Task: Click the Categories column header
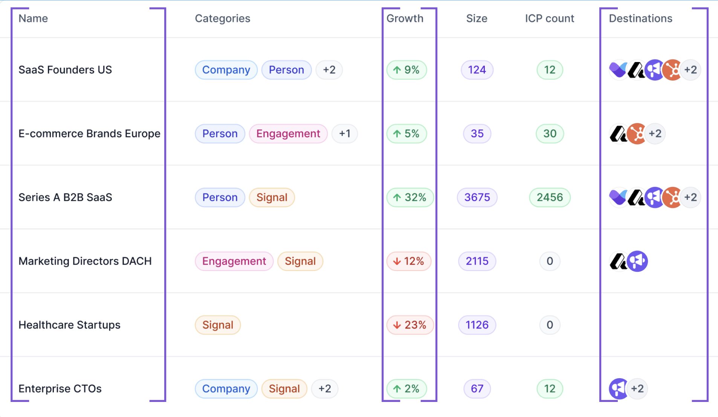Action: (x=222, y=18)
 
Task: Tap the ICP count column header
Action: (x=549, y=18)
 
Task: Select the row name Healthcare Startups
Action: (x=69, y=325)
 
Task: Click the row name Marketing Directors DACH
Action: (x=85, y=261)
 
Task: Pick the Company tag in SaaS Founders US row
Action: (x=226, y=70)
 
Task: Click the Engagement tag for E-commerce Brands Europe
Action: (x=288, y=134)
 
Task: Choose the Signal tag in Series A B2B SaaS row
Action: (x=272, y=197)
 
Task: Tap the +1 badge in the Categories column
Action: (x=344, y=134)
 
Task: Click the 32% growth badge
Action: (x=410, y=197)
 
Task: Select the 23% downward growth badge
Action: (x=410, y=325)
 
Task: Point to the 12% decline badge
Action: (x=409, y=261)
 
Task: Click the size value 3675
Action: (x=477, y=197)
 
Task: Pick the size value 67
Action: (x=477, y=388)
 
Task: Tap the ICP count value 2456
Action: (x=550, y=197)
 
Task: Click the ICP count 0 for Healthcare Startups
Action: (x=550, y=325)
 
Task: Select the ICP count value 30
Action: (x=550, y=134)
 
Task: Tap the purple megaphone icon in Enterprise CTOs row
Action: (x=619, y=388)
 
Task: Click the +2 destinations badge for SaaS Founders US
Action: (x=691, y=70)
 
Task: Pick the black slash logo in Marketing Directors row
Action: (x=618, y=261)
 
